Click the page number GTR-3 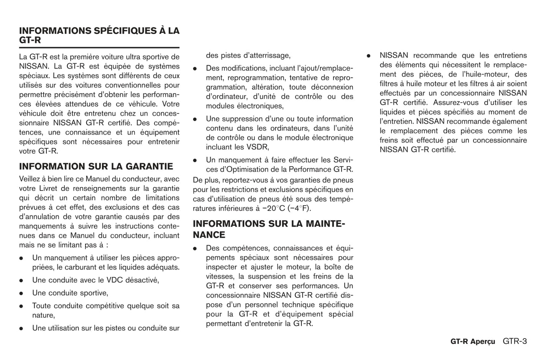click(515, 341)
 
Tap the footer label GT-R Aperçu click(472, 342)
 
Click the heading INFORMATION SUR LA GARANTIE click(96, 166)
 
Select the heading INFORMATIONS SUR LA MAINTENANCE click(268, 229)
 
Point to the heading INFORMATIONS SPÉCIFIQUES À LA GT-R click(99, 35)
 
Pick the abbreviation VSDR click(258, 147)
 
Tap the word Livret click(50, 189)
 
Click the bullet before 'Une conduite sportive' click(21, 293)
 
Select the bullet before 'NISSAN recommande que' click(368, 56)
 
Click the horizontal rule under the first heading click(99, 48)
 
